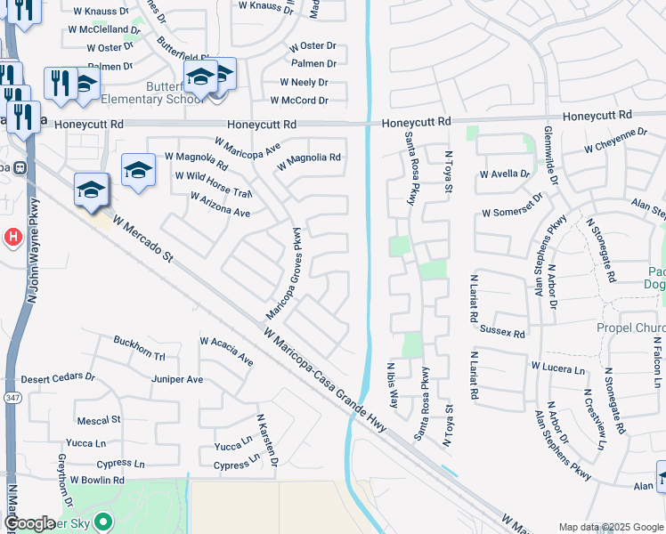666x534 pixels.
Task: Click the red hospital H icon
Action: click(x=12, y=237)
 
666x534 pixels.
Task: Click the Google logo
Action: click(x=28, y=523)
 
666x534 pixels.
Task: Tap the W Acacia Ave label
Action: click(x=226, y=351)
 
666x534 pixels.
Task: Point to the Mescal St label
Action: click(x=99, y=419)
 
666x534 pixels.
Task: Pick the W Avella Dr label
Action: click(x=504, y=174)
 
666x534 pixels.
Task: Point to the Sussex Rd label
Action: click(x=503, y=334)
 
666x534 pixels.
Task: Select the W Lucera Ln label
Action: click(x=557, y=368)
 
